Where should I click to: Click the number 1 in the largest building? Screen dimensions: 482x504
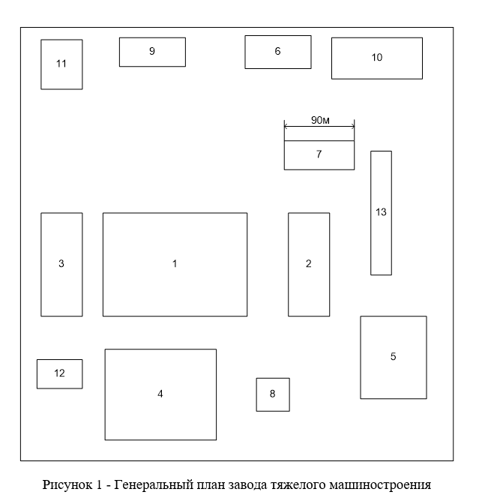coord(175,264)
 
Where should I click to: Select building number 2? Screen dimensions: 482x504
coord(308,264)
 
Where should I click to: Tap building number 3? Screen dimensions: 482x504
coord(61,264)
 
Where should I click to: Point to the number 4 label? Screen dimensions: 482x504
coord(160,394)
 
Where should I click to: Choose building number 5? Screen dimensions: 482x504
coord(393,357)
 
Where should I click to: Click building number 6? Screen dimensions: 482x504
coord(277,52)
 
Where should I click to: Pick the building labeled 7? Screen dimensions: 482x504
coord(319,154)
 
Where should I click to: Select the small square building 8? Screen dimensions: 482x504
coord(273,394)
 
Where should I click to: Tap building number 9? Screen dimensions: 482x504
coord(152,52)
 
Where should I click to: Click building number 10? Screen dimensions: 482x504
coord(376,58)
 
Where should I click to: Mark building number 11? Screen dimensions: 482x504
coord(61,64)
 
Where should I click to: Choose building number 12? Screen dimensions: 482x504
coord(59,373)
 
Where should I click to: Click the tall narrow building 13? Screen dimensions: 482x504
coord(381,212)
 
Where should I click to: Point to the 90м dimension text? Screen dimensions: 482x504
coord(320,120)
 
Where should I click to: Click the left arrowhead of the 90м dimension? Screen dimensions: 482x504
coord(286,127)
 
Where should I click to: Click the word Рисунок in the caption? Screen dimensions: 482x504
coord(64,484)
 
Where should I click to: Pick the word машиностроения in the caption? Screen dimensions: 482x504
coord(382,484)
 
